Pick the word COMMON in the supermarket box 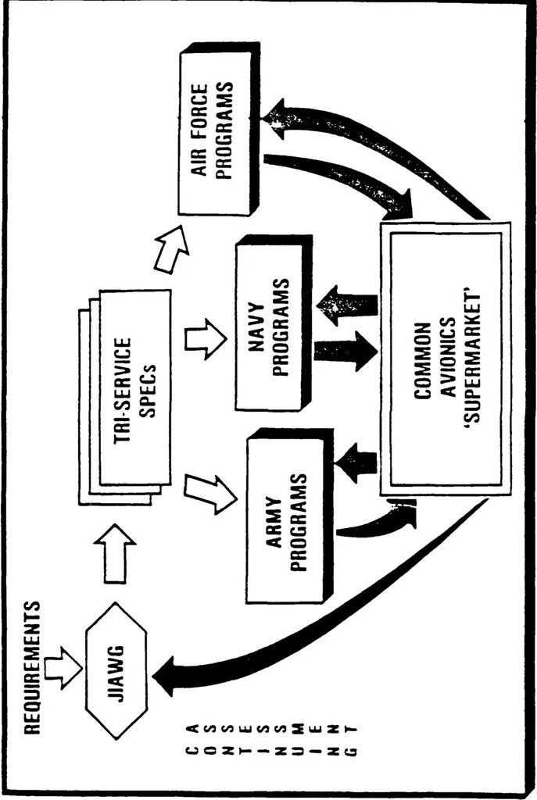pyautogui.click(x=421, y=360)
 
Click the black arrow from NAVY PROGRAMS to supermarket pyautogui.click(x=345, y=351)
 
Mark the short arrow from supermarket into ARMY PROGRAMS pyautogui.click(x=356, y=462)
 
